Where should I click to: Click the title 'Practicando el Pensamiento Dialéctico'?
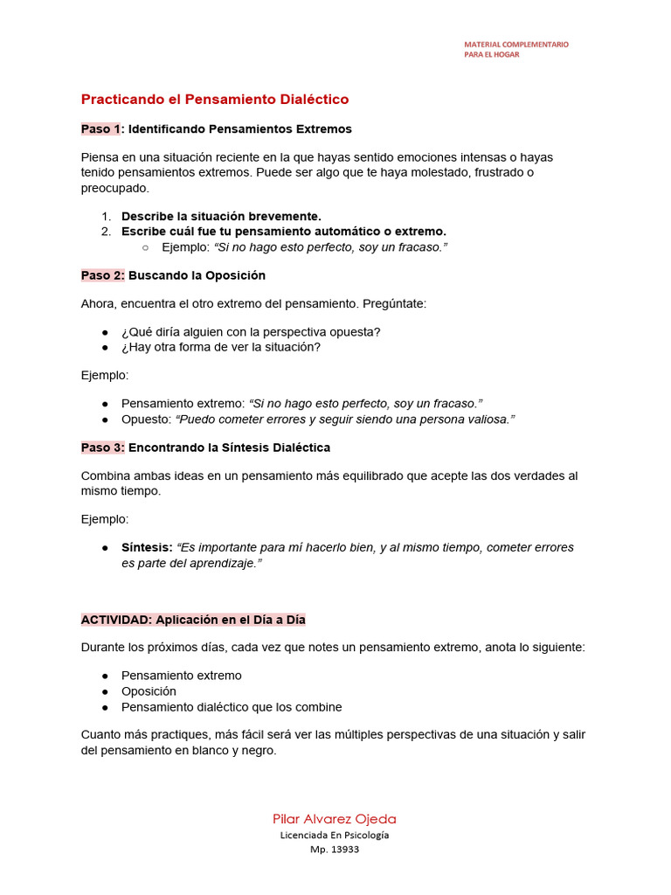tap(215, 100)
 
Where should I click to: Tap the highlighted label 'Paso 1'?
tap(100, 128)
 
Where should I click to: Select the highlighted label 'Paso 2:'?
tap(103, 275)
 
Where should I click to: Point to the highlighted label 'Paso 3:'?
tap(103, 447)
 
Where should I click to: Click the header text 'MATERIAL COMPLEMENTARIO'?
tap(515, 44)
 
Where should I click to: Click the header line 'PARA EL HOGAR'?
tap(492, 54)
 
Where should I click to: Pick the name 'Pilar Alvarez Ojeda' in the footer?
tap(335, 819)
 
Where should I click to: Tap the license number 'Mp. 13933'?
tap(335, 850)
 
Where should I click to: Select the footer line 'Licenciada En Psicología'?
tap(335, 835)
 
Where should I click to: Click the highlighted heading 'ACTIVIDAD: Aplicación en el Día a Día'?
tap(193, 620)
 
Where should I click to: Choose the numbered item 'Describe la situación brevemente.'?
tap(221, 216)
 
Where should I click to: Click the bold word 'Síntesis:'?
tap(147, 547)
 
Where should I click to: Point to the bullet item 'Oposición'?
tap(149, 691)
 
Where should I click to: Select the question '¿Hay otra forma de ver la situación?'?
tap(221, 347)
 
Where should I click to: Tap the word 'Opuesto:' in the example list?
tap(146, 420)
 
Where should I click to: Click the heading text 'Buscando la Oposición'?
tap(197, 275)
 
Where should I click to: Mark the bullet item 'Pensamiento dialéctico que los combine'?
tap(232, 707)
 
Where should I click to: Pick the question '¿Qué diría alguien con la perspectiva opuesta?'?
tap(251, 331)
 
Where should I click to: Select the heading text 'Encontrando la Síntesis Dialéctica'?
tap(229, 447)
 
